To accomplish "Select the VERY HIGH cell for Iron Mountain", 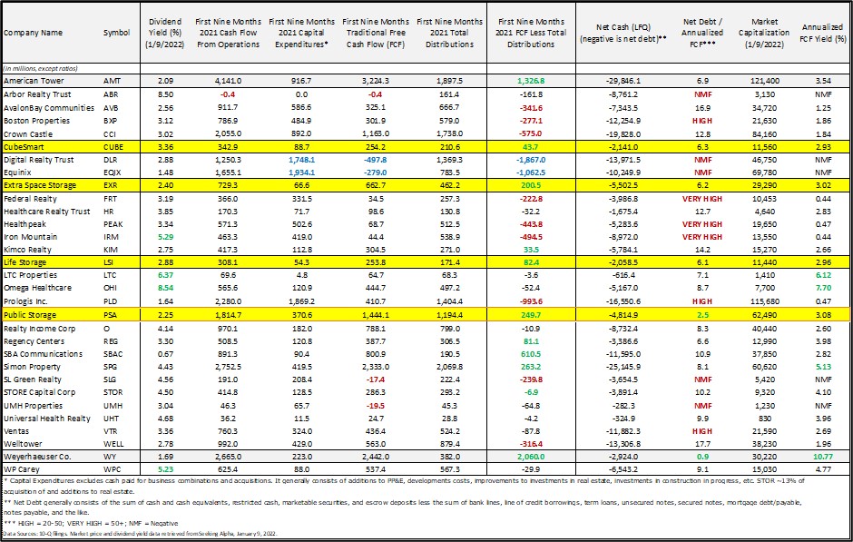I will pyautogui.click(x=702, y=236).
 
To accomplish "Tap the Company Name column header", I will pyautogui.click(x=34, y=33).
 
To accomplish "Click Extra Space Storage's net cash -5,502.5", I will pyautogui.click(x=624, y=184).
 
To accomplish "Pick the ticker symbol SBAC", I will pyautogui.click(x=116, y=351).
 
